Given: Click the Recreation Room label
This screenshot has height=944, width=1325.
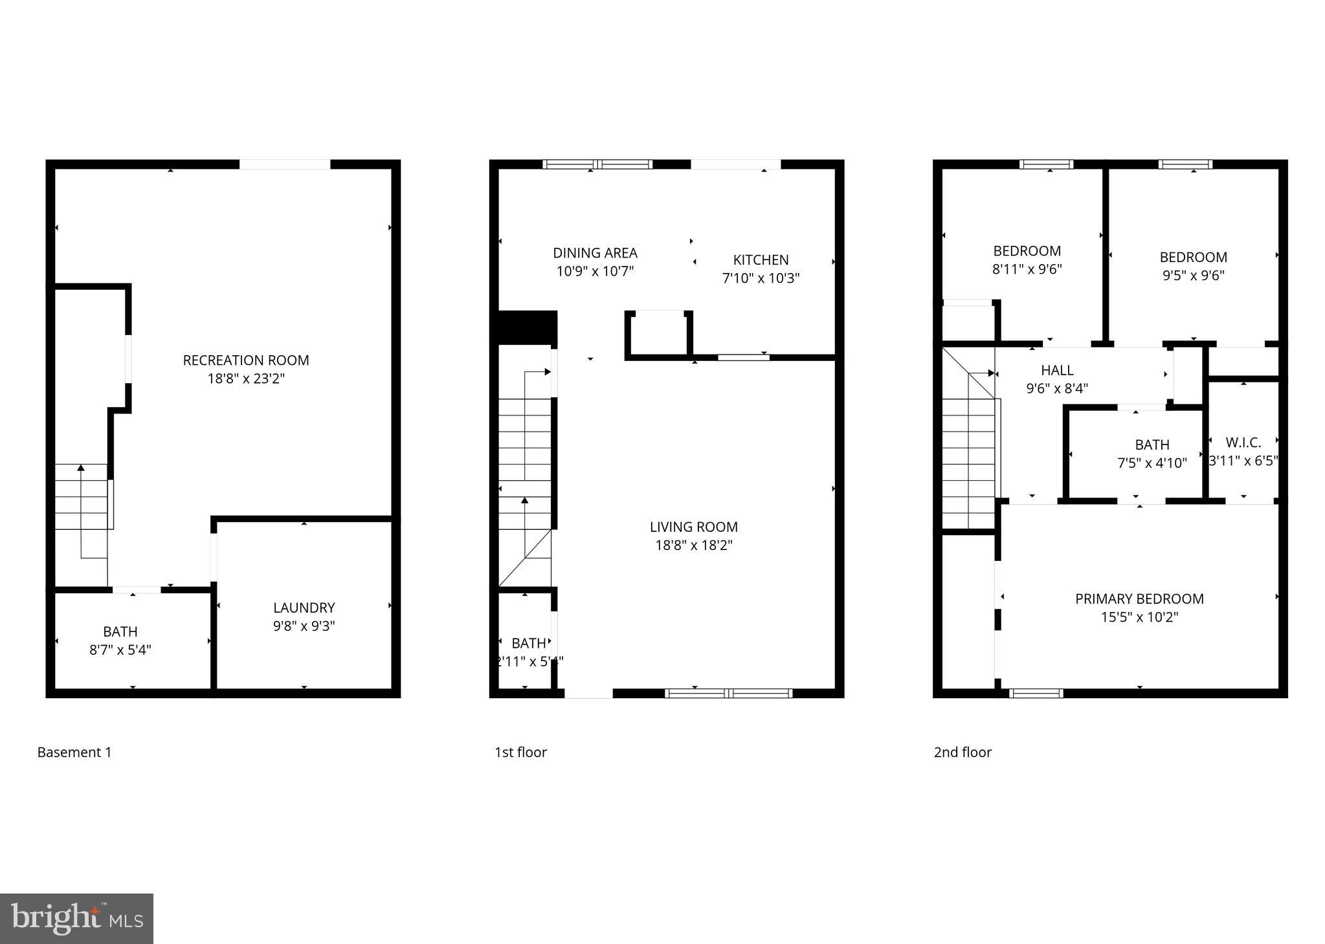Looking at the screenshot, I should click(246, 360).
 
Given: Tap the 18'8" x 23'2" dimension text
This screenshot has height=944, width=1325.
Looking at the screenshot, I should click(246, 379).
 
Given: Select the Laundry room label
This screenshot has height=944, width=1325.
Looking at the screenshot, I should click(304, 608).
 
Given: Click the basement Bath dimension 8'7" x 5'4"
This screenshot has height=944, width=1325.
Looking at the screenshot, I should click(120, 650).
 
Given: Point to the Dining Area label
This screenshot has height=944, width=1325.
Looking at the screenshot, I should click(595, 253).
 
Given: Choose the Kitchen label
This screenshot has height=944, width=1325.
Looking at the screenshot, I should click(761, 260).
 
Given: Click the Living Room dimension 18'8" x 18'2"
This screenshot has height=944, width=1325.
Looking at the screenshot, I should click(694, 545).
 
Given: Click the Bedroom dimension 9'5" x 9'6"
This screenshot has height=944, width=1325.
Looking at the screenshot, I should click(1193, 276).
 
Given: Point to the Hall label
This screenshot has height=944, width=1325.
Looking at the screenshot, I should click(1057, 371).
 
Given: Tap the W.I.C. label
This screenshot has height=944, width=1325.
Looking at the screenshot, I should click(1243, 443).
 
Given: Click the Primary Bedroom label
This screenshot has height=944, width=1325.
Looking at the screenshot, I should click(1139, 599).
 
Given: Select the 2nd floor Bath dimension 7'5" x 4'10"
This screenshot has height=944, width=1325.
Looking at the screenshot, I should click(1152, 463).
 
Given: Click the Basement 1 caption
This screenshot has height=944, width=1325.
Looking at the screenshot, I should click(74, 752).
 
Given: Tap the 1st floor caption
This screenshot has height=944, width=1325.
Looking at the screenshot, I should click(520, 752).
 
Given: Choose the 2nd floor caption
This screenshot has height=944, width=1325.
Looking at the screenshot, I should click(963, 752).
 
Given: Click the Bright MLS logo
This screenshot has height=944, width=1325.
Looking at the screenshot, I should click(76, 919).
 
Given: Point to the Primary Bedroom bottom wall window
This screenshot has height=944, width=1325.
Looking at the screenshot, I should click(1036, 693).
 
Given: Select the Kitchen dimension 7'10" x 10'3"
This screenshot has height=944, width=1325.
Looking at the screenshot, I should click(761, 278).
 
